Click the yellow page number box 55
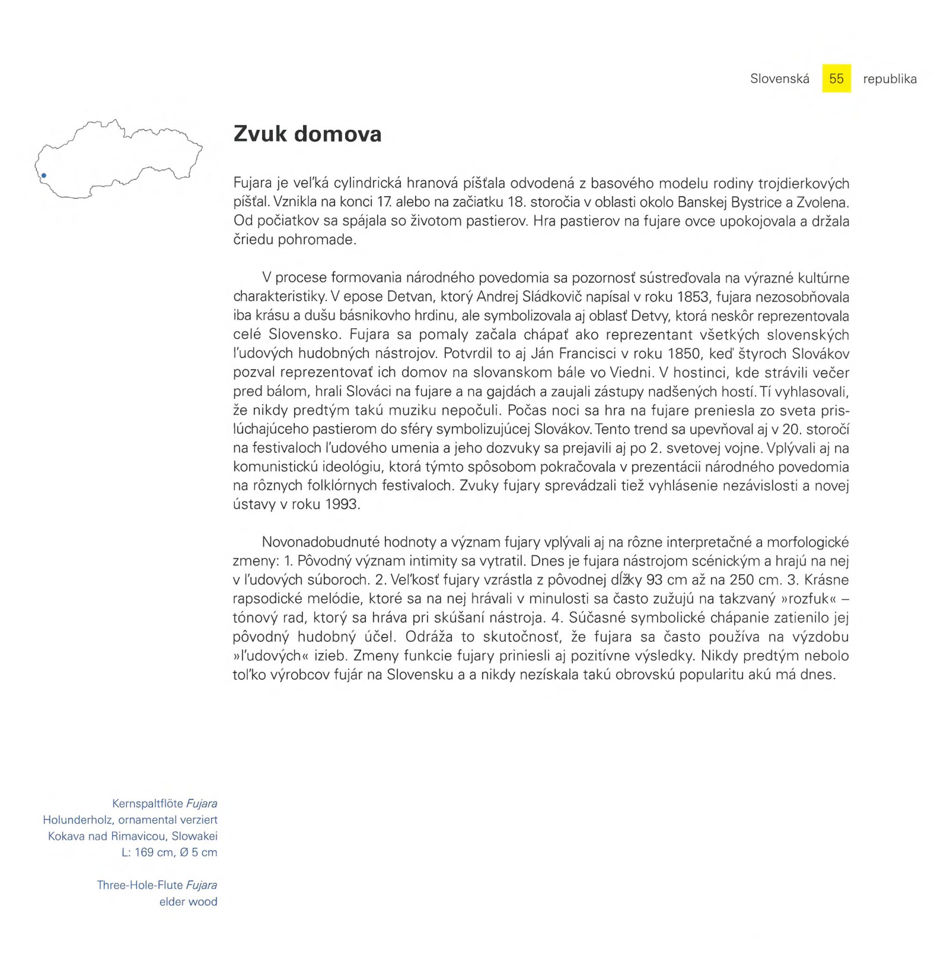pos(836,79)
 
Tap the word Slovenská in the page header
pos(779,79)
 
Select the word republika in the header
pos(890,79)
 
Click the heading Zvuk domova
pos(307,134)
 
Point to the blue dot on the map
pos(44,176)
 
